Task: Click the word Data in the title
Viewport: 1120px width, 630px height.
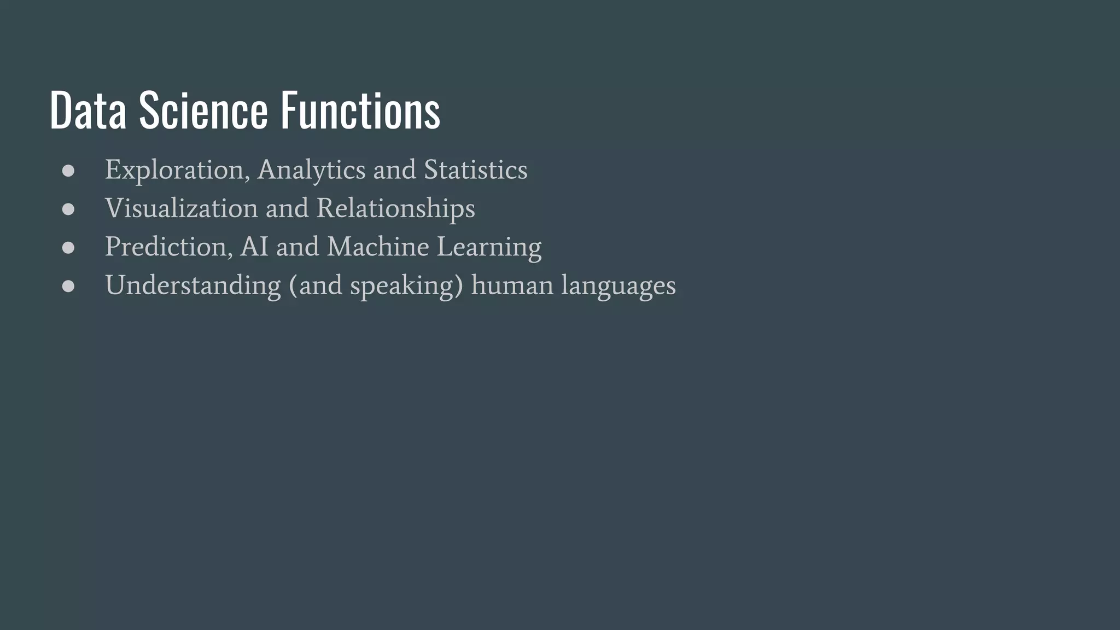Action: tap(87, 111)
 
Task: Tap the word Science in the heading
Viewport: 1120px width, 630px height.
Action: tap(203, 111)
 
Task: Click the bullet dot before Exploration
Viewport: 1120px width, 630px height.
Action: tap(68, 171)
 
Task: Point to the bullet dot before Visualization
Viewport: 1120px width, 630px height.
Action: tap(68, 209)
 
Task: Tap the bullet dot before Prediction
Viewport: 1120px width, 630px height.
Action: tap(68, 248)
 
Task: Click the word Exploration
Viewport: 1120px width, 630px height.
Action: tap(174, 170)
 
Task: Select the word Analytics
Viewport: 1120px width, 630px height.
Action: tap(311, 170)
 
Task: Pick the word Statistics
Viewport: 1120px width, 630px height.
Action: tap(475, 170)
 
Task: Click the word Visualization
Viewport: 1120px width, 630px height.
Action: tap(181, 208)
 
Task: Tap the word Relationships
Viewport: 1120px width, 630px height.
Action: tap(395, 208)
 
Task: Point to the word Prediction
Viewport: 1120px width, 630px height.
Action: tap(165, 247)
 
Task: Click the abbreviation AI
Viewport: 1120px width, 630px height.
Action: tap(254, 247)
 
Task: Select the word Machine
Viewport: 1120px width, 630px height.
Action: tap(377, 247)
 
